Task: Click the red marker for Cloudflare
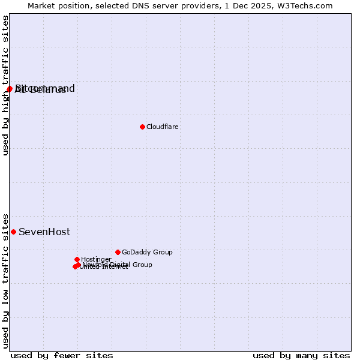tap(142, 127)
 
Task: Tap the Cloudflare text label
tap(163, 127)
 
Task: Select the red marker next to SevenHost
tap(13, 232)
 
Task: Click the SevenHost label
tap(44, 232)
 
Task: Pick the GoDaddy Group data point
tap(118, 252)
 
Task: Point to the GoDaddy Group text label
tap(147, 253)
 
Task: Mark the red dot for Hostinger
tap(77, 259)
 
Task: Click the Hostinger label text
tap(96, 260)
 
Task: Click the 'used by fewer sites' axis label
tap(62, 356)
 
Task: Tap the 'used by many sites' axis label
tap(301, 356)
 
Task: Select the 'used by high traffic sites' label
tap(6, 85)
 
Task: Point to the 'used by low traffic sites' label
tap(6, 280)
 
